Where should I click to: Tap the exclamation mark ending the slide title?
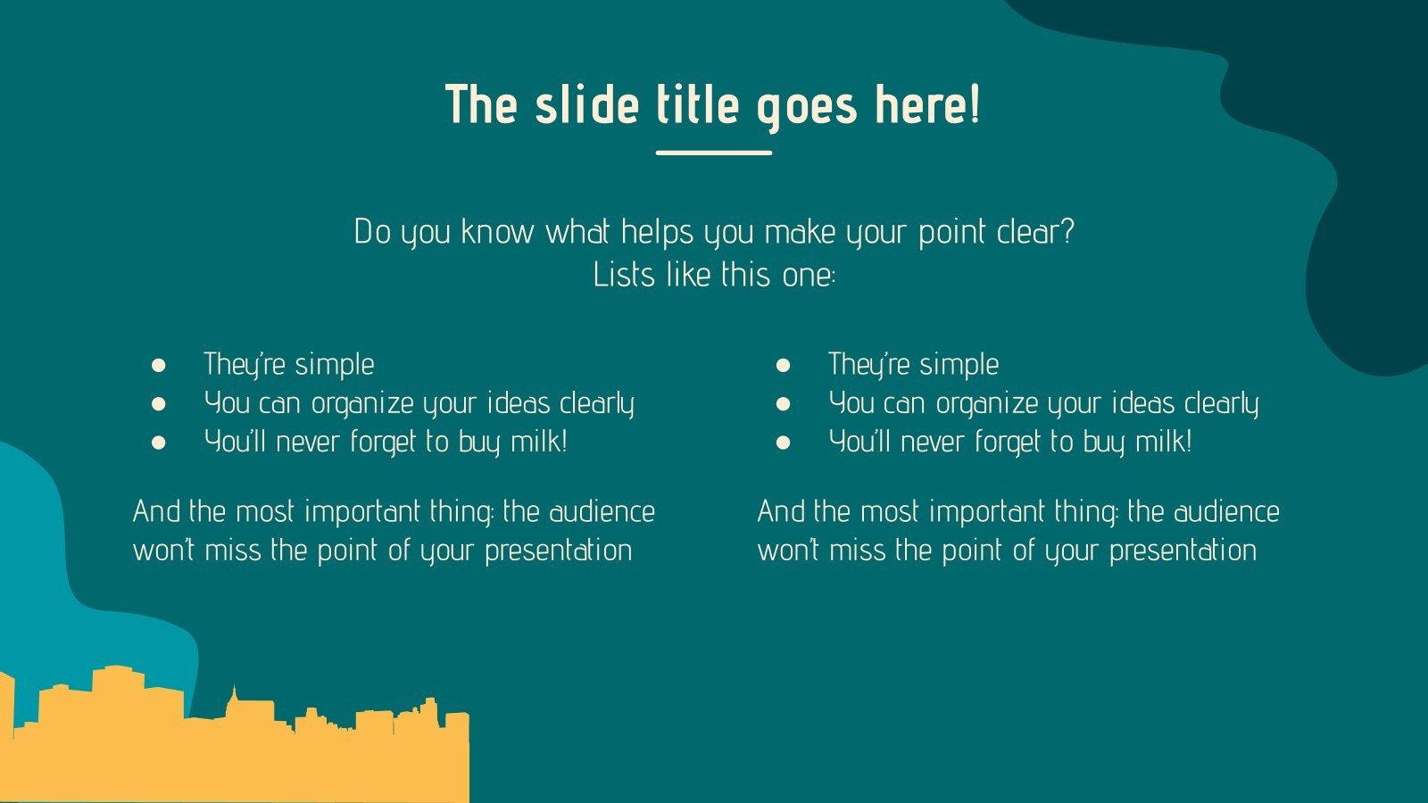[x=974, y=104]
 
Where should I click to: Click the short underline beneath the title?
[x=713, y=153]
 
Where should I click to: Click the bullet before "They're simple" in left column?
[x=159, y=365]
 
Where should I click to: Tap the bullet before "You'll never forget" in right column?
[x=784, y=442]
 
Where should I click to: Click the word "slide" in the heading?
[x=588, y=104]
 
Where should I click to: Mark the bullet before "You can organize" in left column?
[x=159, y=403]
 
